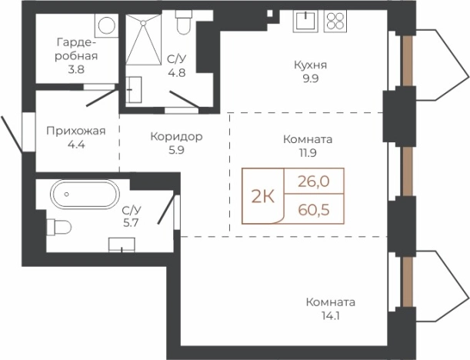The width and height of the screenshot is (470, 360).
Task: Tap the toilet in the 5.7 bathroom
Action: click(58, 227)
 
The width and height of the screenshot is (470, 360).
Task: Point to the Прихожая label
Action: click(75, 130)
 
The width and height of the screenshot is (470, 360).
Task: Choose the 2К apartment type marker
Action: click(263, 195)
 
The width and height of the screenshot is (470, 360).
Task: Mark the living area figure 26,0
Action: click(314, 182)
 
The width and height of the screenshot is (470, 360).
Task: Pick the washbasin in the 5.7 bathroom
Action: click(121, 245)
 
